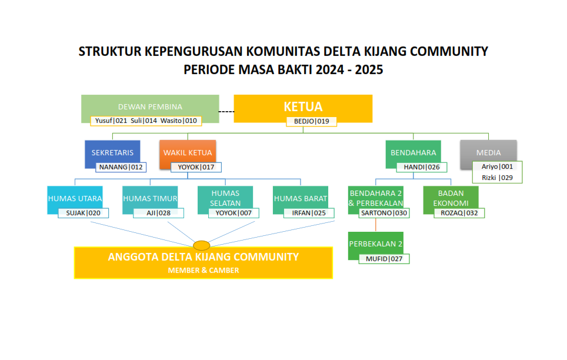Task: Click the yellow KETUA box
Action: pyautogui.click(x=303, y=107)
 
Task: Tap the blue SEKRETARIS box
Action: pyautogui.click(x=112, y=152)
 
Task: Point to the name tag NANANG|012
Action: pyautogui.click(x=121, y=167)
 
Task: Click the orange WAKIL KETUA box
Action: pyautogui.click(x=187, y=152)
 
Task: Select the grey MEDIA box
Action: pyautogui.click(x=489, y=152)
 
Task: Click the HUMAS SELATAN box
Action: pyautogui.click(x=225, y=198)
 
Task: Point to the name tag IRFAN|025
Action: pyautogui.click(x=309, y=213)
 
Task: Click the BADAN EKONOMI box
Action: pyautogui.click(x=451, y=198)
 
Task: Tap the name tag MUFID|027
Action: pyautogui.click(x=384, y=258)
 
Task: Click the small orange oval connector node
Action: pyautogui.click(x=202, y=245)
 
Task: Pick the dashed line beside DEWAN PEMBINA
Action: pyautogui.click(x=226, y=111)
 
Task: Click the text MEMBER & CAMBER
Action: pyautogui.click(x=204, y=271)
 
